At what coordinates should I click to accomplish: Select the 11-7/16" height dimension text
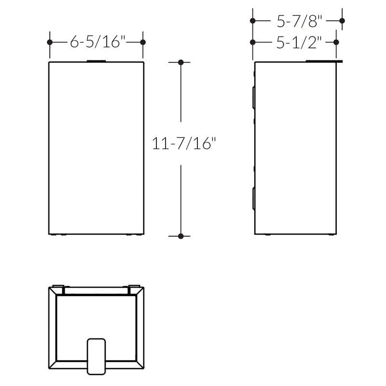coord(183,143)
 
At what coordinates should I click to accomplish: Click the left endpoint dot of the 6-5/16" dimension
coord(50,42)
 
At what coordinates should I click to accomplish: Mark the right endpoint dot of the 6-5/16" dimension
coord(143,42)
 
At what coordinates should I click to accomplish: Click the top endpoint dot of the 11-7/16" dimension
coord(181,62)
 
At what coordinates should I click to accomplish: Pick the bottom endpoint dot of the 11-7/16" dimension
coord(181,236)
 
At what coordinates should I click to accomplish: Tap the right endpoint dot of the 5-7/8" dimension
coord(342,21)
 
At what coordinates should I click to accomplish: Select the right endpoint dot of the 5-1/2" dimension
coord(336,42)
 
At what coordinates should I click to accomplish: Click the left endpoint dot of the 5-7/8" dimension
coord(253,21)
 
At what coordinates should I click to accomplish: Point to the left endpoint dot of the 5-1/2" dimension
coord(253,42)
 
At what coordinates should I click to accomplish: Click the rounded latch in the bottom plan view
coord(96,356)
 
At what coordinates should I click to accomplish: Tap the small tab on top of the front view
coord(96,61)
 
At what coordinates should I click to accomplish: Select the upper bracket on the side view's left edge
coord(254,96)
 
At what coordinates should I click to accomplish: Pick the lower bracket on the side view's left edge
coord(254,198)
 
